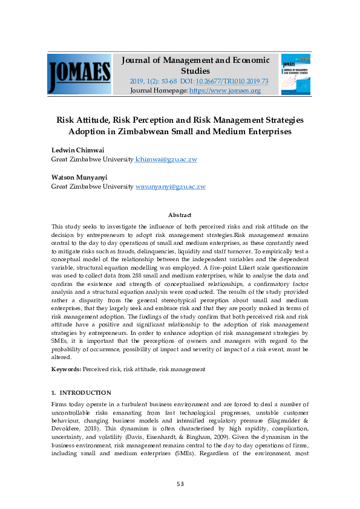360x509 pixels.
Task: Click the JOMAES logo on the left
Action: click(79, 74)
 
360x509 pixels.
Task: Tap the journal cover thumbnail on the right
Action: click(295, 74)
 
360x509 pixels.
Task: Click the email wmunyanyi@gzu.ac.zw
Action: click(171, 187)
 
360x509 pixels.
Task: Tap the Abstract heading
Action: click(180, 215)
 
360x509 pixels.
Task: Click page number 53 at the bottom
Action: click(180, 484)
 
